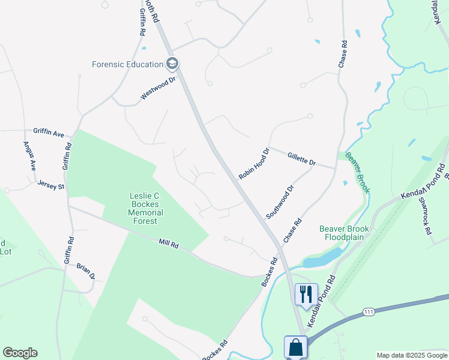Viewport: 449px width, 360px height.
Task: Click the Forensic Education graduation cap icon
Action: (x=173, y=64)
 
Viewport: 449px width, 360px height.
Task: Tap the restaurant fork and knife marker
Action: (x=306, y=294)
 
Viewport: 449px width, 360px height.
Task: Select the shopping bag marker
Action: (x=296, y=347)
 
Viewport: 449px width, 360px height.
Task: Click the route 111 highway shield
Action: (x=369, y=311)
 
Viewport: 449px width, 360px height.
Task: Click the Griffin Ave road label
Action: (x=49, y=132)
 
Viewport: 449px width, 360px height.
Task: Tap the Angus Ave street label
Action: (x=29, y=155)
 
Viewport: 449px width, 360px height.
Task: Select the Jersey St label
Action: (x=50, y=185)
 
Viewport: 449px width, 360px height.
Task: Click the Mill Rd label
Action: (x=169, y=244)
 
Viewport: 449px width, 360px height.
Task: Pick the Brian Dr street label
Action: (x=85, y=271)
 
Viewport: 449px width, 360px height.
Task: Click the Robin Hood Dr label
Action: (x=255, y=163)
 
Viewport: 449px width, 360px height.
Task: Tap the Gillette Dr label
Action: (x=301, y=158)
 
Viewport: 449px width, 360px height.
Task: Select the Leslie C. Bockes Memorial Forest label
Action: (x=146, y=208)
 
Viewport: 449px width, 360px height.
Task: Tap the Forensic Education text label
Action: (x=128, y=64)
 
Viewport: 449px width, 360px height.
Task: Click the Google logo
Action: (x=20, y=353)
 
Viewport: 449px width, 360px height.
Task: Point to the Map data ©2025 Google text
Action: (x=412, y=355)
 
